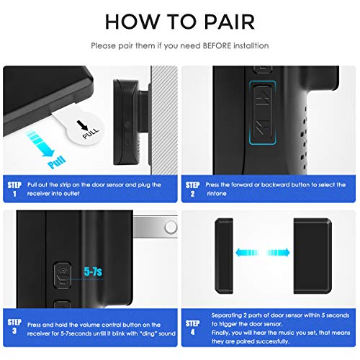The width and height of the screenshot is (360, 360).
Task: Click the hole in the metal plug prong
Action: coord(170,227)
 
